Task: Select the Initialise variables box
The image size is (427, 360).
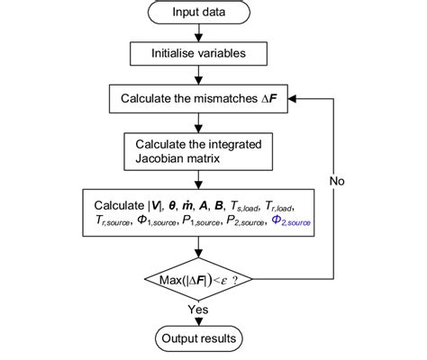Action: pyautogui.click(x=196, y=53)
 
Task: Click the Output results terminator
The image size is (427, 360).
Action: pyautogui.click(x=195, y=339)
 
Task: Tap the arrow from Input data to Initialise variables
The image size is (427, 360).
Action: pyautogui.click(x=196, y=33)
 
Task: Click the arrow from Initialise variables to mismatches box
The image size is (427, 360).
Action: pyautogui.click(x=196, y=73)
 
